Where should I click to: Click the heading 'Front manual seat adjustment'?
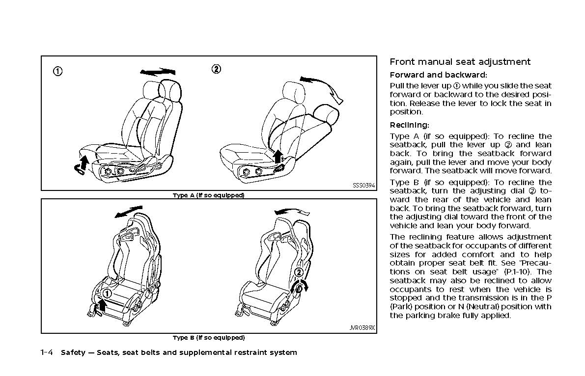(460, 62)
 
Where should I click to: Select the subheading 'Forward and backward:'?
(438, 75)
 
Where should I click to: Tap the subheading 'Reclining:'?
(409, 125)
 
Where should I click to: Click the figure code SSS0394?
(363, 186)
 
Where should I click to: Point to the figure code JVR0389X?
(362, 328)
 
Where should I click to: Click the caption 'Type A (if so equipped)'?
(208, 195)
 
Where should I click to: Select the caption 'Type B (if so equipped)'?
(208, 338)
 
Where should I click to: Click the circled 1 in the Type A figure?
(58, 72)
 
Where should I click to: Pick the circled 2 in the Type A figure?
(216, 69)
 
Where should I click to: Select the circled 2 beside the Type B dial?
(298, 273)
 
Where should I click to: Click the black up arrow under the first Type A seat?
(84, 162)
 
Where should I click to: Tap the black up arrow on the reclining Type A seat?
(278, 156)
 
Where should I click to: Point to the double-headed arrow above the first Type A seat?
(157, 72)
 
